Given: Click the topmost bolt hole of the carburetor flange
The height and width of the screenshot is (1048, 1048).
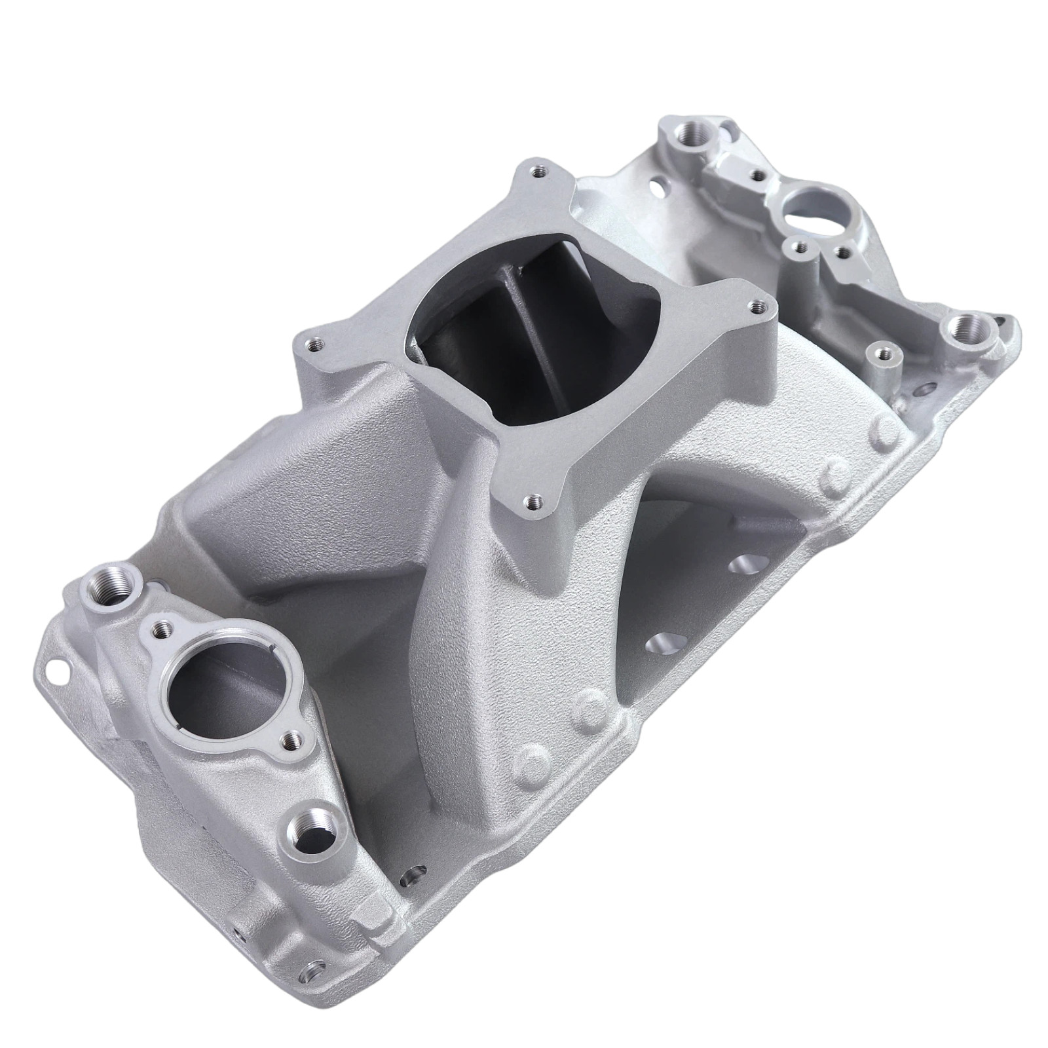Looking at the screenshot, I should (x=538, y=172).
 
